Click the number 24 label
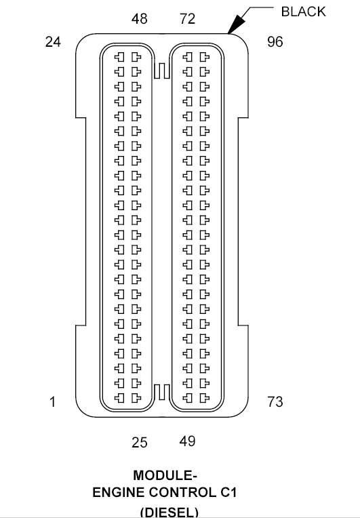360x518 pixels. point(53,42)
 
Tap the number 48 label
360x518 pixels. point(139,20)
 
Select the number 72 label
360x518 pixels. point(187,20)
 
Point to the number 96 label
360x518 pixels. point(275,42)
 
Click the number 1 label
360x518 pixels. point(52,402)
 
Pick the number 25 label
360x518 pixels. point(139,443)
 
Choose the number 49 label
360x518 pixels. point(187,441)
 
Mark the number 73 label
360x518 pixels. point(275,402)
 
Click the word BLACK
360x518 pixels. point(303,12)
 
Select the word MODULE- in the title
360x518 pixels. point(165,475)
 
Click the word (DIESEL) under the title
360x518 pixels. point(169,511)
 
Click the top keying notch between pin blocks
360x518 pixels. point(161,69)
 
